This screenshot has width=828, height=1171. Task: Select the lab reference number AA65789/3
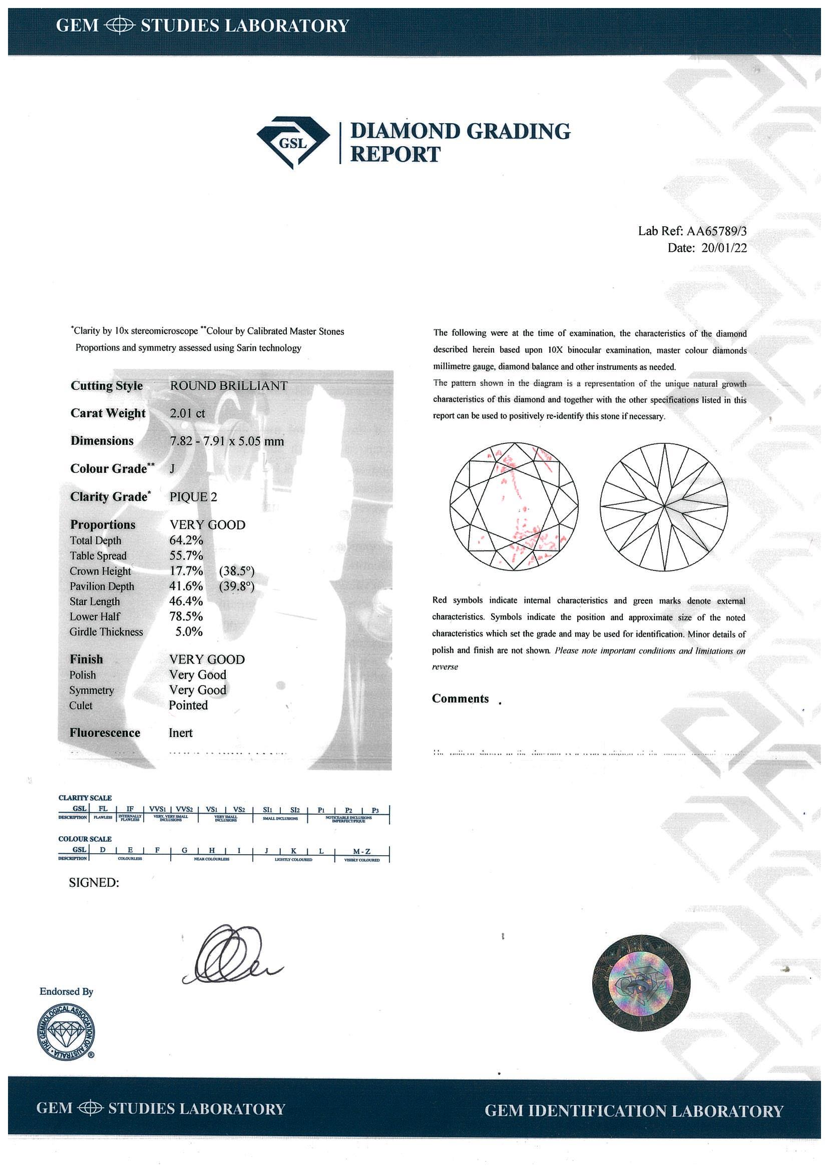tap(716, 231)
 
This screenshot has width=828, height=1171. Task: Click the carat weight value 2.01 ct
tap(187, 413)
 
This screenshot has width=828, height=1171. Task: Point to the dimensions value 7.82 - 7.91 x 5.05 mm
tap(226, 441)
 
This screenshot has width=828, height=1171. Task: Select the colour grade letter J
tap(172, 469)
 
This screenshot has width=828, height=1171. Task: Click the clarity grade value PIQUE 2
tap(193, 497)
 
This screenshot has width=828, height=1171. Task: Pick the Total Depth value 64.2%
tap(186, 540)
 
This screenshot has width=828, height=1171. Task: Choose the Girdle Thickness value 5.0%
tap(189, 632)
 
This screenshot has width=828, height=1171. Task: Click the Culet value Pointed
tap(188, 706)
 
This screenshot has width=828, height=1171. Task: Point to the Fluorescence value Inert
tap(181, 733)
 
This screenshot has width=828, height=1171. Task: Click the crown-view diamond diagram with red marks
tap(514, 506)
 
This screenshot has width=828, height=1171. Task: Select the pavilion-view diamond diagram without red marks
tap(664, 506)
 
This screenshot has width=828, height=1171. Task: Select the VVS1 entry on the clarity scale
tap(157, 809)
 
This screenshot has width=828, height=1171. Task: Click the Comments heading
tap(460, 699)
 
